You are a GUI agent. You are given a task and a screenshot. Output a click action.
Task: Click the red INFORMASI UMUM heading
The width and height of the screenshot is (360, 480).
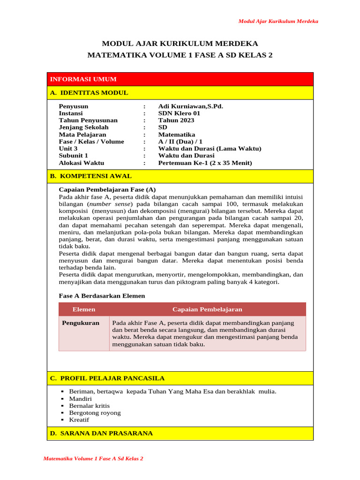(x=83, y=79)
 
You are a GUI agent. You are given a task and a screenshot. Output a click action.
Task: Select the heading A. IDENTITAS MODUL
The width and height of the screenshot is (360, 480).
(x=89, y=93)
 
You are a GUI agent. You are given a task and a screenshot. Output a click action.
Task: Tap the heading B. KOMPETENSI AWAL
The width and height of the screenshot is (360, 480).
(x=91, y=176)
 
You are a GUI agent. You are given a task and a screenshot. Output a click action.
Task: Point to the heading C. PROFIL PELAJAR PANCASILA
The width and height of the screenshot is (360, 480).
(x=107, y=378)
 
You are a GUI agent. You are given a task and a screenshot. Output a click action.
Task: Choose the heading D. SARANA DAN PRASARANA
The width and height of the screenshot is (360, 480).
(x=101, y=433)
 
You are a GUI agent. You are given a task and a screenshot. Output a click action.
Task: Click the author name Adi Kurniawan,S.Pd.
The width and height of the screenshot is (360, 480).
(x=190, y=106)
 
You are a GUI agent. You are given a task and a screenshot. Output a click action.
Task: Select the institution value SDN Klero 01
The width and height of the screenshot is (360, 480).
(x=179, y=113)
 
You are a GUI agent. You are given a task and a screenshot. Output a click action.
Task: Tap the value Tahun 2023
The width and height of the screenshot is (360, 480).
(x=176, y=120)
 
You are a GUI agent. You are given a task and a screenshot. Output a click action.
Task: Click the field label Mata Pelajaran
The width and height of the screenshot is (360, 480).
(x=82, y=135)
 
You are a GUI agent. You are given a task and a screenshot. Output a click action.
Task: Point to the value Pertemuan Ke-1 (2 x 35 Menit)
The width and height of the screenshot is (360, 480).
(x=205, y=163)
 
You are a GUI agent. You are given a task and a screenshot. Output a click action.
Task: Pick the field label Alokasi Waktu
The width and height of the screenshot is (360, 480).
(x=82, y=163)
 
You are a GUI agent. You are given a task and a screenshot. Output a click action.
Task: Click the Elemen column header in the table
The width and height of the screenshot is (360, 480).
(x=84, y=309)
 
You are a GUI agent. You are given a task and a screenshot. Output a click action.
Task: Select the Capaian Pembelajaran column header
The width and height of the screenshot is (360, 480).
(x=207, y=309)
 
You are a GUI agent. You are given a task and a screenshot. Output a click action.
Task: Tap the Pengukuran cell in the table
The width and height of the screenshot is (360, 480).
(x=81, y=323)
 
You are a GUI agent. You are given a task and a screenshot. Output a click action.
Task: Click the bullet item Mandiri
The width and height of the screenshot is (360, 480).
(x=80, y=399)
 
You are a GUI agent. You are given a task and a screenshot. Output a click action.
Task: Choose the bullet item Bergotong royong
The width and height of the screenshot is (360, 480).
(x=95, y=413)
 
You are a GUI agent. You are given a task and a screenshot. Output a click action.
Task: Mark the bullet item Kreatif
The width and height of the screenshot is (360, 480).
(x=79, y=420)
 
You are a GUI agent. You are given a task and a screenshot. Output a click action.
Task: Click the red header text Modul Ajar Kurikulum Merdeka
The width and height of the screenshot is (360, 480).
(x=278, y=21)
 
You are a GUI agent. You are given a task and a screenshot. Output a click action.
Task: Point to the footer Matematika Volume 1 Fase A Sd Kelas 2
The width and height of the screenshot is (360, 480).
(x=93, y=458)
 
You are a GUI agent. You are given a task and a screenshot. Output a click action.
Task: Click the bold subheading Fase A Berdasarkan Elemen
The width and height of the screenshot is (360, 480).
(x=102, y=296)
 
